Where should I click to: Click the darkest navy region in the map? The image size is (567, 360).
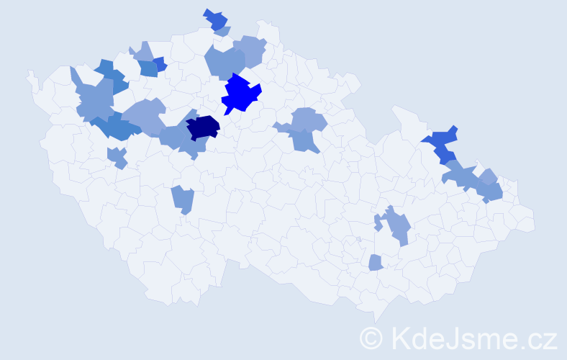203,127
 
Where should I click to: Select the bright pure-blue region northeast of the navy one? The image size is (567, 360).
240,94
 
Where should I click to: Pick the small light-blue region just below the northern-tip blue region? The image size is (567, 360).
223,32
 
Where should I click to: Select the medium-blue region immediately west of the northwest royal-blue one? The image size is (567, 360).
148,68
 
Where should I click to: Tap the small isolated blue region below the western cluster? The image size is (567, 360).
117,156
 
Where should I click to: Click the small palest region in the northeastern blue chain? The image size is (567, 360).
489,176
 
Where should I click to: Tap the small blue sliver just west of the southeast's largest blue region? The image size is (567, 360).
378,223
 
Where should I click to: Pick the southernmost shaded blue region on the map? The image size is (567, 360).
375,263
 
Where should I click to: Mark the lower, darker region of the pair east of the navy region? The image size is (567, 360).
304,140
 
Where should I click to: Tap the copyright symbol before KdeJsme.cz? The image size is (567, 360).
371,338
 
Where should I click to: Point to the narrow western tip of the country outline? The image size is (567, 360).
30,74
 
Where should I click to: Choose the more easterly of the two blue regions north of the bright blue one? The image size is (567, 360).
250,50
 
